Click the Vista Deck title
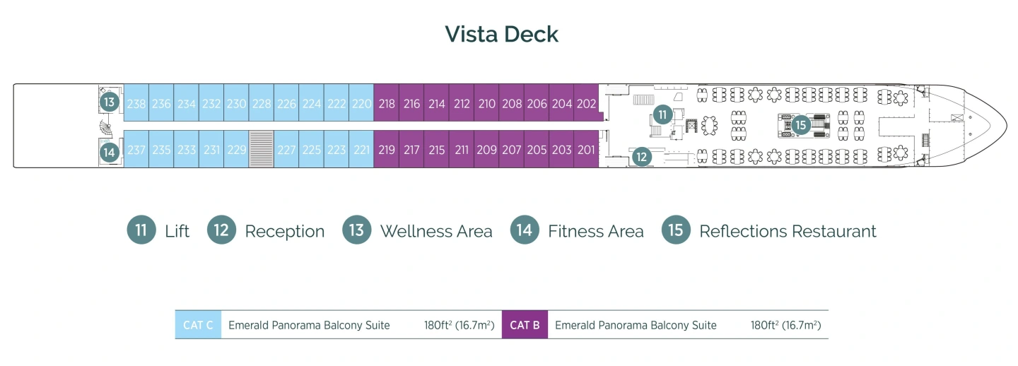(501, 34)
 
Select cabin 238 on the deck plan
(136, 104)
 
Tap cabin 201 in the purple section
(586, 150)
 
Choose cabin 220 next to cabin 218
(361, 104)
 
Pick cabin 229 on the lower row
(236, 150)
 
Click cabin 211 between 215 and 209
(462, 150)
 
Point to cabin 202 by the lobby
(586, 104)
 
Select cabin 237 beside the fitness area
(136, 150)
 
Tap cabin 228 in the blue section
(262, 104)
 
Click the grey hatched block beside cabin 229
(262, 149)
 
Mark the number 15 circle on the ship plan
(800, 125)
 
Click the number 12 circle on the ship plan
(641, 157)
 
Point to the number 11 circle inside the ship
(662, 114)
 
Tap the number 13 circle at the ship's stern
(109, 102)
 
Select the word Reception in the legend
(284, 231)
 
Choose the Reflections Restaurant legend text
(788, 231)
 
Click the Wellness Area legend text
(435, 231)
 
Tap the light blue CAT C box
(198, 325)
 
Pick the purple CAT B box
(525, 325)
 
